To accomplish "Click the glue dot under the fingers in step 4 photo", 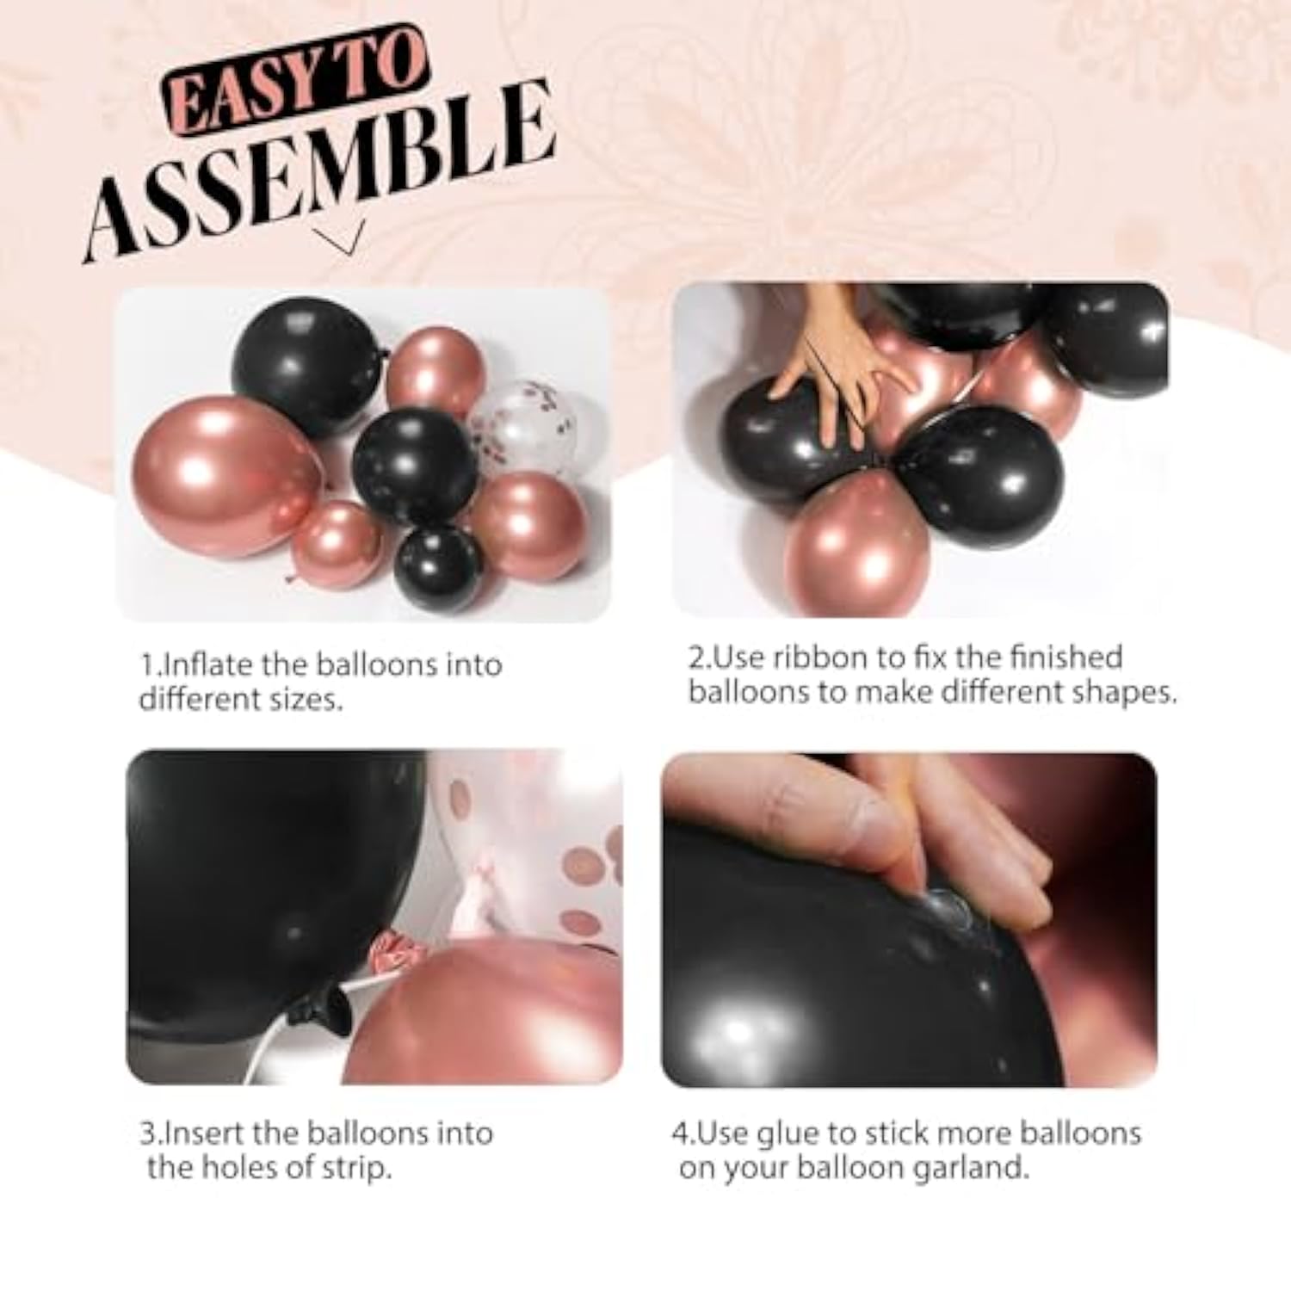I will click(948, 907).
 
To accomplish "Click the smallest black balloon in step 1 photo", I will click(438, 567).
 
